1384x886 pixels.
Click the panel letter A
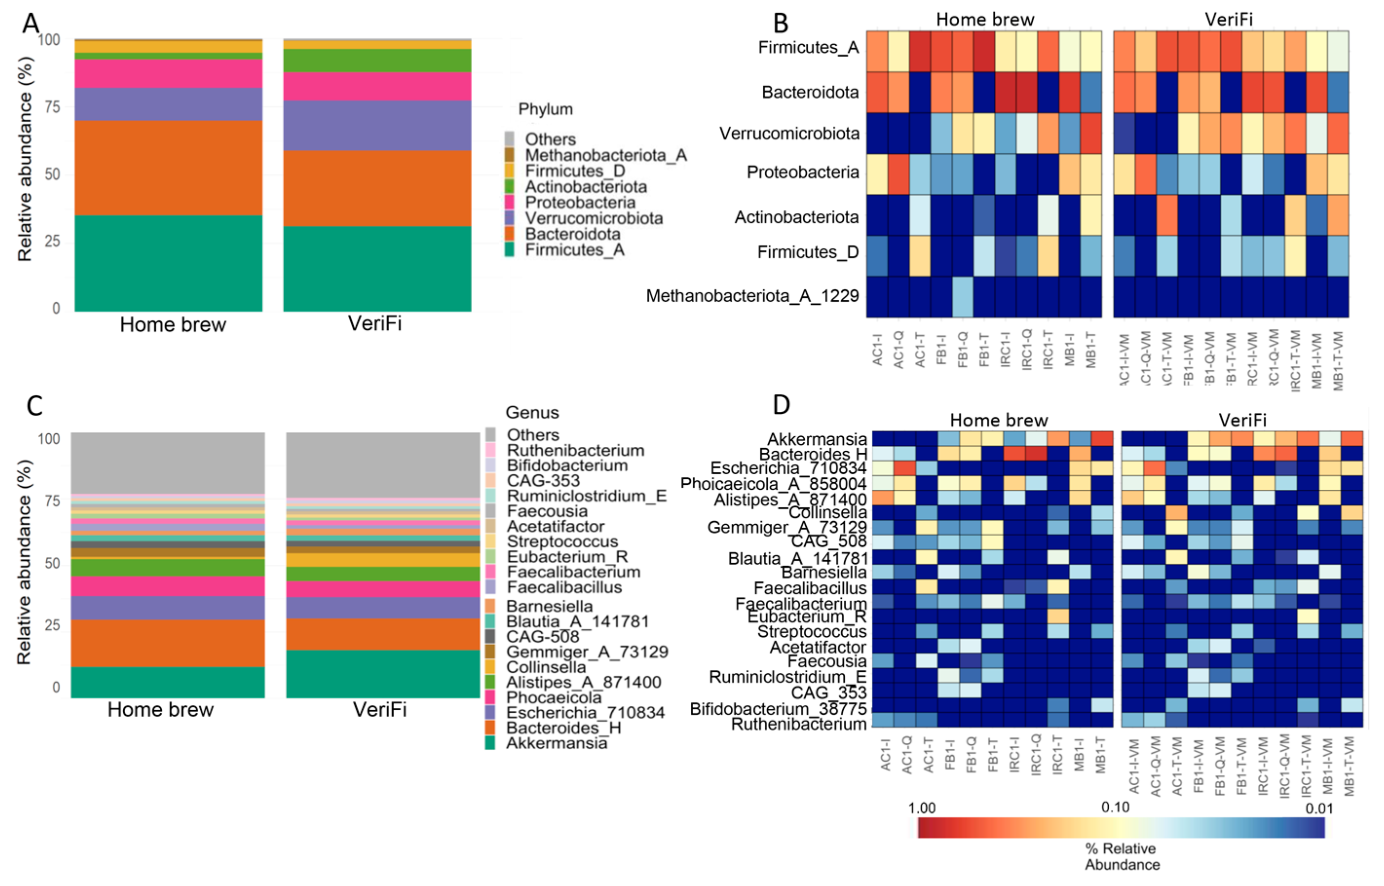[x=31, y=24]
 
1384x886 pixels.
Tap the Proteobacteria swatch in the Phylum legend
[x=509, y=203]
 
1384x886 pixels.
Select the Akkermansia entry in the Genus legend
[x=557, y=743]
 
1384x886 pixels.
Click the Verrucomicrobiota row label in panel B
[x=789, y=133]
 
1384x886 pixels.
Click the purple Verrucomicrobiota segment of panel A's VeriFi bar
[x=377, y=126]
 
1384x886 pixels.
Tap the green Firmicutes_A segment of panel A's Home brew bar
[x=168, y=263]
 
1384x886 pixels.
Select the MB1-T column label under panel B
[x=1091, y=350]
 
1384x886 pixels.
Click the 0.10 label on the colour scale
[x=1115, y=807]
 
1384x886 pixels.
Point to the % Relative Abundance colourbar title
[x=1122, y=856]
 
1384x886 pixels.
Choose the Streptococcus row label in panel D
[x=812, y=632]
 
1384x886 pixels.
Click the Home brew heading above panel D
[x=998, y=420]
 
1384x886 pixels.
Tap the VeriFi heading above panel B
[x=1229, y=19]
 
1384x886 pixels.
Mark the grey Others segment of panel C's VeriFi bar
[x=383, y=464]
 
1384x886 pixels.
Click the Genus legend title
[x=532, y=412]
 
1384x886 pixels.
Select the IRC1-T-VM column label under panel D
[x=1307, y=766]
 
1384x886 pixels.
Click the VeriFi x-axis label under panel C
[x=379, y=709]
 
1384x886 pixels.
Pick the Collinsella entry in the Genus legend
[x=546, y=667]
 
